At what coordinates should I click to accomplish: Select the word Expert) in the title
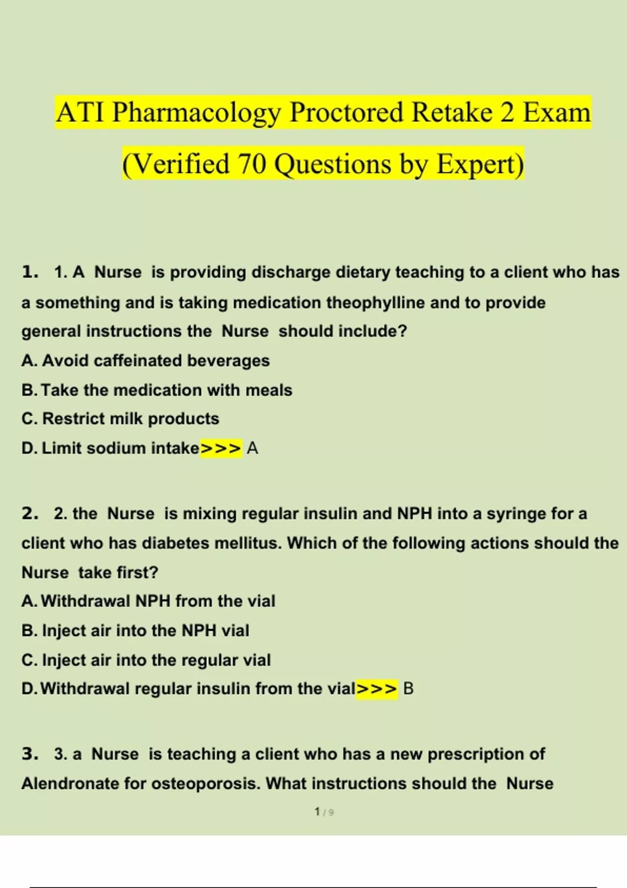(480, 163)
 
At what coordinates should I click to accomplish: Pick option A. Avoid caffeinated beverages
(146, 360)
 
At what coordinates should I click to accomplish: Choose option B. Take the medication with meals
(157, 390)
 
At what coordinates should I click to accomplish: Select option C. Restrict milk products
(120, 418)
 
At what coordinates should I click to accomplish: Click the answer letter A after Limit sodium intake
(252, 448)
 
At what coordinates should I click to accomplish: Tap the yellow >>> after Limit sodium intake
(221, 448)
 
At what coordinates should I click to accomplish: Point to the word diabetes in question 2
(175, 543)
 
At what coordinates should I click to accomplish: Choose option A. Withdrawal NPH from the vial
(148, 601)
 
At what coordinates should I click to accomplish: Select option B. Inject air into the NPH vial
(135, 630)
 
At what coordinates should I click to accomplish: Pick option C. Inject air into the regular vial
(146, 660)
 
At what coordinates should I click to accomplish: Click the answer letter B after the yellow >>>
(409, 688)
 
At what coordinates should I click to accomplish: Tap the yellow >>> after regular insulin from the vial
(377, 688)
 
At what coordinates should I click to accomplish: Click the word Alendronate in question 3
(70, 784)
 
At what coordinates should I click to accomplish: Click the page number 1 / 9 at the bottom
(324, 812)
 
